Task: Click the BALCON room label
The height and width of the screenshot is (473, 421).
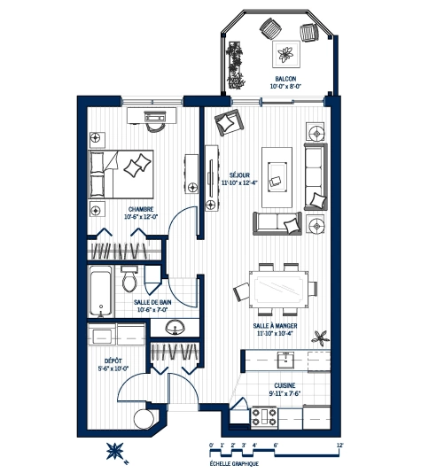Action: pyautogui.click(x=285, y=80)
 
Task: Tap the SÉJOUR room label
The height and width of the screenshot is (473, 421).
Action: pyautogui.click(x=236, y=174)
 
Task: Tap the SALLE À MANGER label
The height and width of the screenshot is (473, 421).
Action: pyautogui.click(x=275, y=326)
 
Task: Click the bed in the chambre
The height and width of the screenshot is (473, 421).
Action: pyautogui.click(x=122, y=173)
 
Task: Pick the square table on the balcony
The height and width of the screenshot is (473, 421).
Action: pyautogui.click(x=285, y=55)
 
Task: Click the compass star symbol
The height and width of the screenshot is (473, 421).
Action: pyautogui.click(x=115, y=450)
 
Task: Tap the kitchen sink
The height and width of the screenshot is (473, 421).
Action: pyautogui.click(x=286, y=359)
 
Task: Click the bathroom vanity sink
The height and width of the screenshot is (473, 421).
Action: pyautogui.click(x=173, y=328)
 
